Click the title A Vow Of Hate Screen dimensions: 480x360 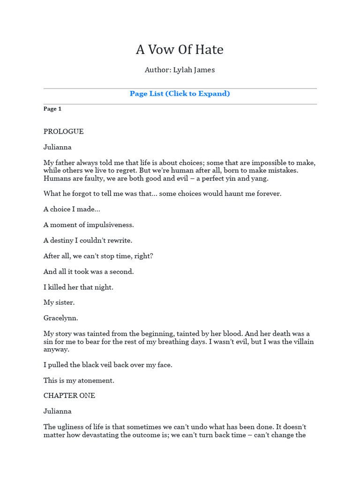pyautogui.click(x=180, y=49)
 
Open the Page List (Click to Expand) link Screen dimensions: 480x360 pyautogui.click(x=180, y=93)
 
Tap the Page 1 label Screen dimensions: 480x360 pyautogui.click(x=52, y=109)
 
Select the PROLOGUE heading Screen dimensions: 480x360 pyautogui.click(x=63, y=132)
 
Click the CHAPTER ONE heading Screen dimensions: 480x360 pyautogui.click(x=69, y=396)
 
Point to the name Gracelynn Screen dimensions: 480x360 pyautogui.click(x=60, y=318)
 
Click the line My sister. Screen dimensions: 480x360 pyautogui.click(x=59, y=303)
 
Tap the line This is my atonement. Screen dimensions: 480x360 pyautogui.click(x=79, y=380)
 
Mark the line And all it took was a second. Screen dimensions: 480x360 pyautogui.click(x=89, y=272)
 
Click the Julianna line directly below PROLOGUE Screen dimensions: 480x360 pyautogui.click(x=58, y=147)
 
